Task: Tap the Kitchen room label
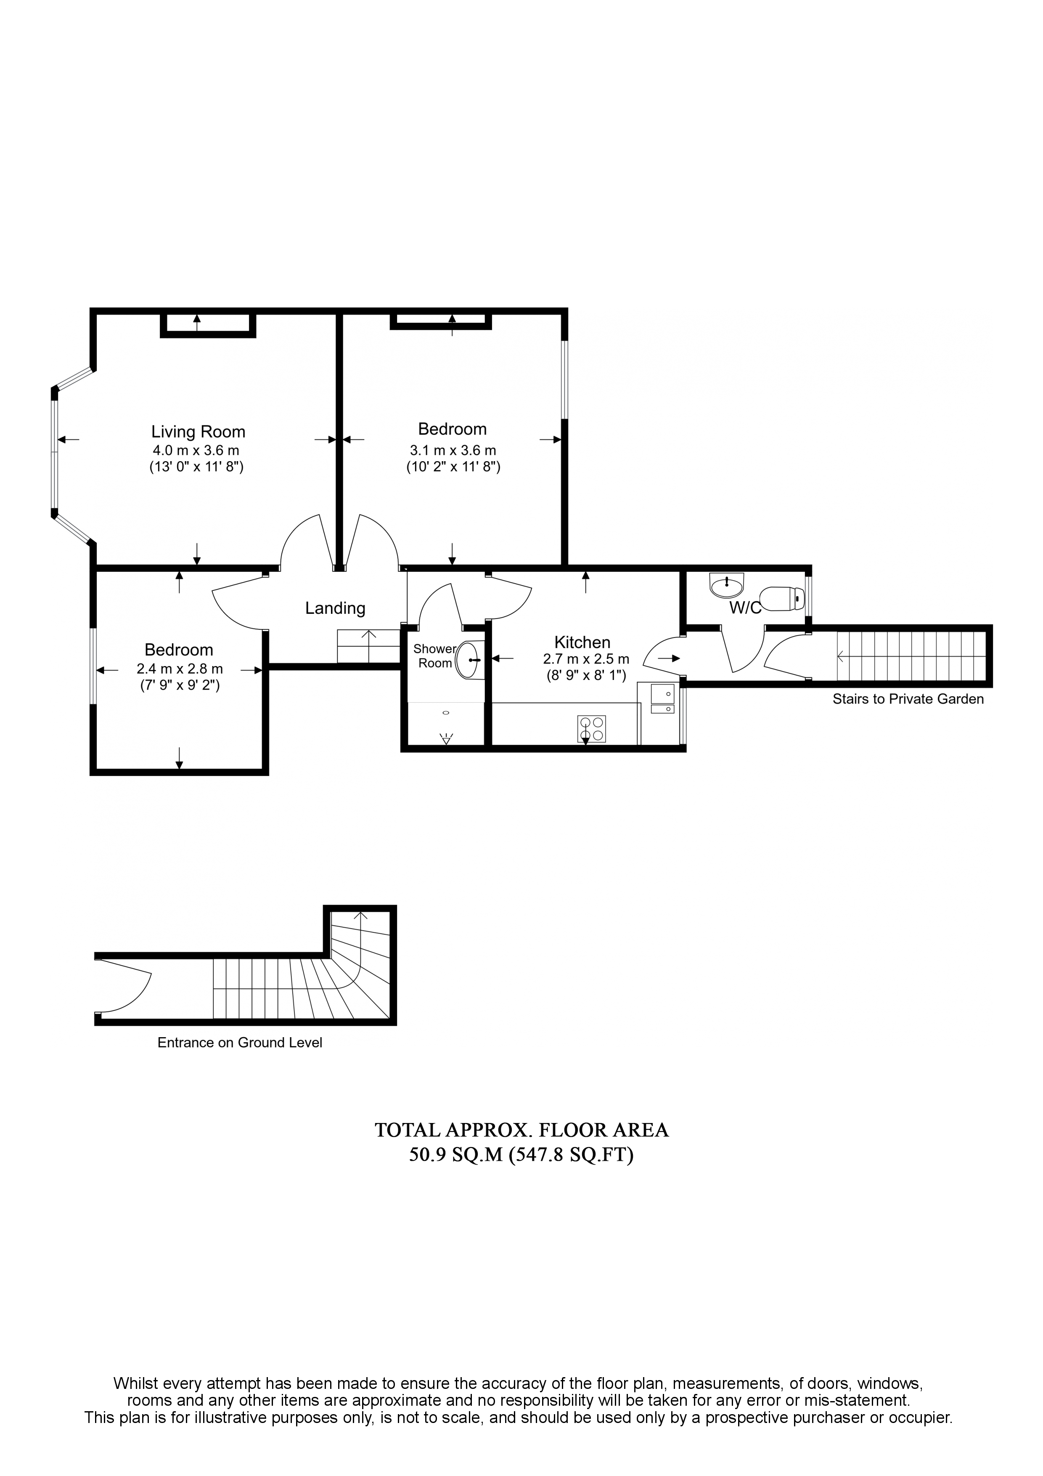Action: coord(582,642)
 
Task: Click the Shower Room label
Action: coord(435,656)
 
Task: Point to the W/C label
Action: coord(746,608)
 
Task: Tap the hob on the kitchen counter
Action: coord(591,729)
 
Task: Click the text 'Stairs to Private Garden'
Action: coord(908,699)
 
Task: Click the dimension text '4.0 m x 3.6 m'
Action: coord(196,451)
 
